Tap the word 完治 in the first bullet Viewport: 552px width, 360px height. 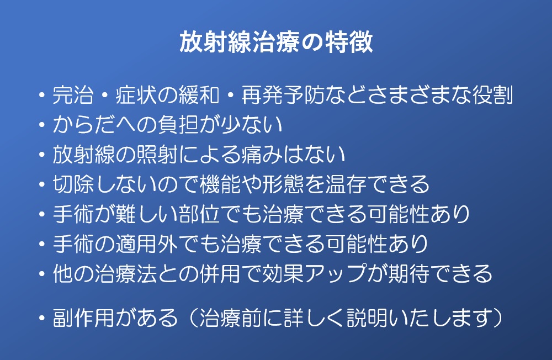coord(73,95)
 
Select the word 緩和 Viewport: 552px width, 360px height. coord(199,95)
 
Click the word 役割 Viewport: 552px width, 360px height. coord(492,95)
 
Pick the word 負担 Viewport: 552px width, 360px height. coord(178,125)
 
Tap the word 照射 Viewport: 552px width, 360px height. coord(157,154)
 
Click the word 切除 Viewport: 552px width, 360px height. coord(73,184)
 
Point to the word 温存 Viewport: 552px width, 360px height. coord(346,184)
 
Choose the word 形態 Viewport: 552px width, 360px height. coord(283,184)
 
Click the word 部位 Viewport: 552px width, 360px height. coord(199,214)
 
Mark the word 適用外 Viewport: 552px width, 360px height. coord(147,243)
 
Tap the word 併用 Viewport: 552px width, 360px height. coord(220,274)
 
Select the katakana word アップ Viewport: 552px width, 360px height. coord(335,274)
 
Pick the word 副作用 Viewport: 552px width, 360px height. coord(84,317)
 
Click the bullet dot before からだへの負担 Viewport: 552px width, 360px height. coord(42,125)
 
